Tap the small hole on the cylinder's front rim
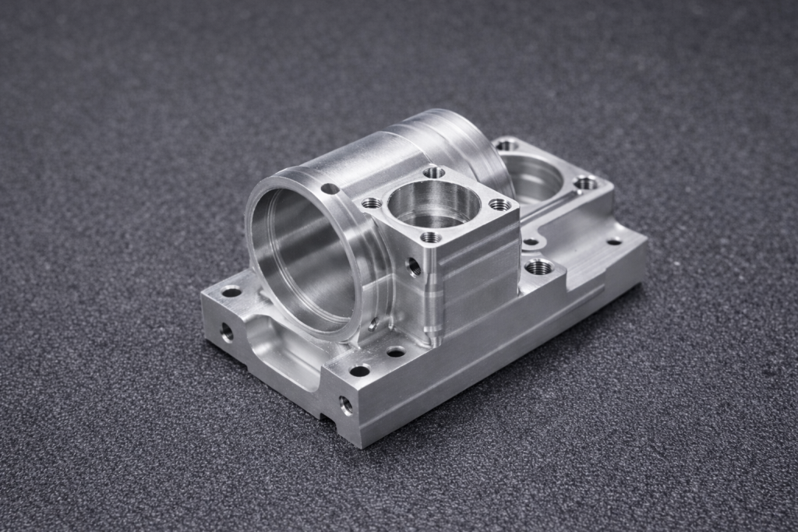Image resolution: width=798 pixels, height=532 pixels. point(330,188)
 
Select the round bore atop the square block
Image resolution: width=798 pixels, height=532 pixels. point(433,204)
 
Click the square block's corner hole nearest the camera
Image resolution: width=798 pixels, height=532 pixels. point(430,237)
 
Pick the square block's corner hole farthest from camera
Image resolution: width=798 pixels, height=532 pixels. point(434,172)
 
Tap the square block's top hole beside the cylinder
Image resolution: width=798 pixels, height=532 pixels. point(372,203)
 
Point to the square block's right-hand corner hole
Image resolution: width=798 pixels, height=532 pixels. point(499,205)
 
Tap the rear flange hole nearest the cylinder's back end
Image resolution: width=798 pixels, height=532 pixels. point(507,145)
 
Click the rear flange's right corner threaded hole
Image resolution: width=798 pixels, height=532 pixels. point(586,183)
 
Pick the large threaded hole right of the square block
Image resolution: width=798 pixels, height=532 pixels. point(538,267)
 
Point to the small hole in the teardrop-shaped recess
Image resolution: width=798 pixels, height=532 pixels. point(531,241)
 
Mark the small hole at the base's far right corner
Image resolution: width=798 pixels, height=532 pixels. point(614,241)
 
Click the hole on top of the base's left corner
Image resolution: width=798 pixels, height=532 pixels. point(231,292)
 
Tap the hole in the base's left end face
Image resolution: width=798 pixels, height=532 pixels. point(227,333)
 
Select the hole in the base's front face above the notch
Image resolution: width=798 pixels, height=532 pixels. point(345,404)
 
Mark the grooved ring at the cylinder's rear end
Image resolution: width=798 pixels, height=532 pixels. point(460,140)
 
